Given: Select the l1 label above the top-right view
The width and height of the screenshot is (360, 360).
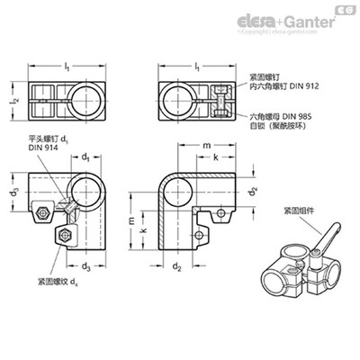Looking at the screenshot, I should pos(196,68).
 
